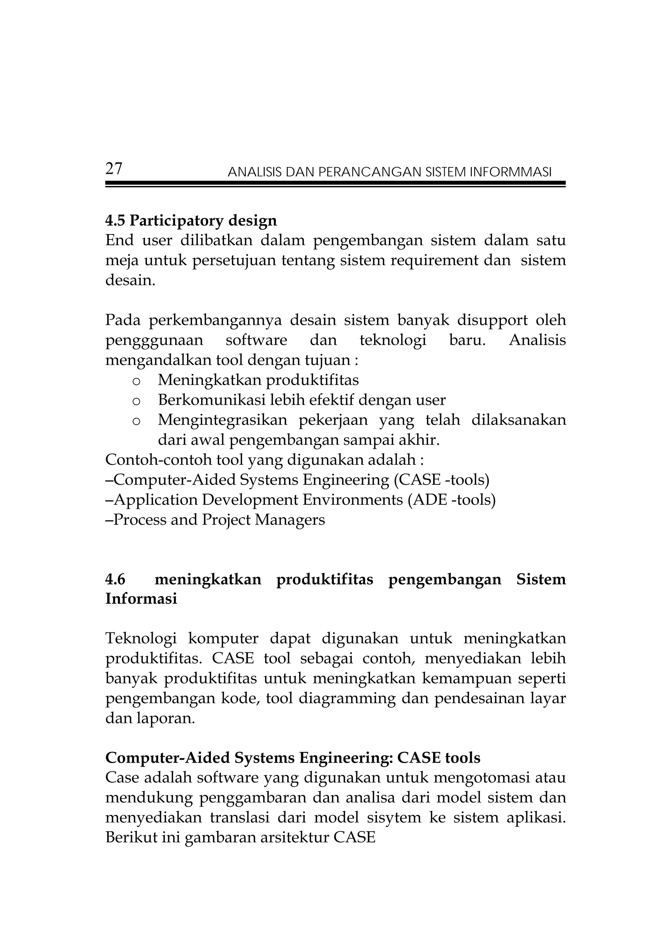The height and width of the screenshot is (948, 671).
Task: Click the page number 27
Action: click(x=114, y=169)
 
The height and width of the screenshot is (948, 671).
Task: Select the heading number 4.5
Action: click(x=115, y=221)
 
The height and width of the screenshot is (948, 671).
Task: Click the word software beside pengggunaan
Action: click(x=256, y=340)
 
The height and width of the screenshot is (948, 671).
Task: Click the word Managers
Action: click(x=290, y=520)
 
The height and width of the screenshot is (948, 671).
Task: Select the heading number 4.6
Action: click(x=115, y=580)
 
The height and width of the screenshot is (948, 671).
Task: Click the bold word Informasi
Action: click(x=141, y=599)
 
